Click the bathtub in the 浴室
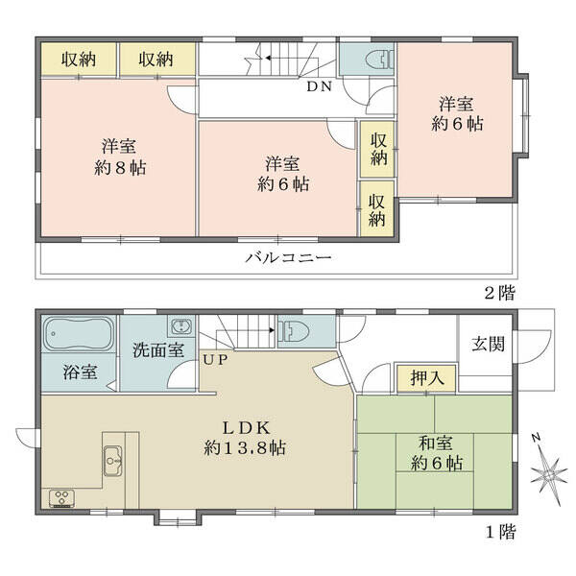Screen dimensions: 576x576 [x=78, y=334]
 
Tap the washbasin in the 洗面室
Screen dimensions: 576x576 [x=181, y=326]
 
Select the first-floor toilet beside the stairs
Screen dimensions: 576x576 [x=294, y=329]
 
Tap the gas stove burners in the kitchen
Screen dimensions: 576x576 [x=61, y=499]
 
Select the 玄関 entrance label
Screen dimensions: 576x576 [x=489, y=345]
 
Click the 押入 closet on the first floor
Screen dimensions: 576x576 [x=427, y=377]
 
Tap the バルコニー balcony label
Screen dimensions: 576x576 [x=288, y=257]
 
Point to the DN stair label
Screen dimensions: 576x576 [x=320, y=86]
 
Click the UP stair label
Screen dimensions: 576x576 [x=215, y=360]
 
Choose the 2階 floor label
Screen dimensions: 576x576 [x=500, y=293]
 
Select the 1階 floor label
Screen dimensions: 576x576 [x=501, y=531]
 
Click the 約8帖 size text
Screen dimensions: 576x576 [x=120, y=168]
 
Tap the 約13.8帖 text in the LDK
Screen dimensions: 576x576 [x=245, y=447]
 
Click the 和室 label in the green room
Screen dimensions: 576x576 [x=436, y=444]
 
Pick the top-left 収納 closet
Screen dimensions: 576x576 [x=79, y=60]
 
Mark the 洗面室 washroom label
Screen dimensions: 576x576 [x=158, y=350]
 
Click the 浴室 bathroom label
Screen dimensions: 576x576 [x=80, y=372]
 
